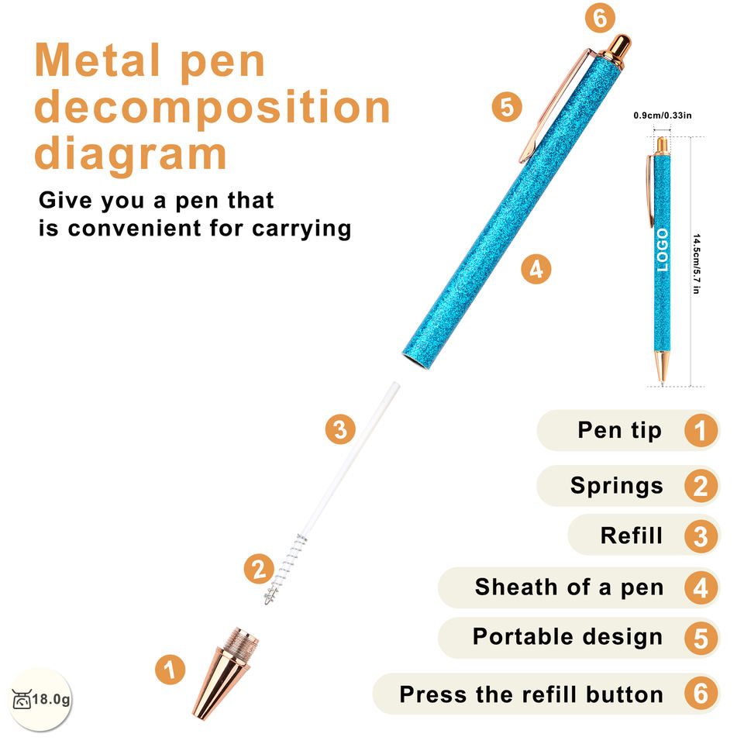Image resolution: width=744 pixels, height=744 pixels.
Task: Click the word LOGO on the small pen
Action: coord(662,250)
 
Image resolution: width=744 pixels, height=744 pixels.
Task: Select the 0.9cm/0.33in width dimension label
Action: coord(663,115)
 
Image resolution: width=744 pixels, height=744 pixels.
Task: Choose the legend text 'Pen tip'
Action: coord(619,430)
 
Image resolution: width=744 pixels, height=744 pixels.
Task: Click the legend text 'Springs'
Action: coord(617,485)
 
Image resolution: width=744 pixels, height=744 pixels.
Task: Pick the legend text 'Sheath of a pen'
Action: coord(569,587)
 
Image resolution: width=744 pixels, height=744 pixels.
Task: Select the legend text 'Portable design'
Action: coord(567,637)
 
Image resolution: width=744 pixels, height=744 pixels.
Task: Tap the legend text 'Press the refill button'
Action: coord(531,694)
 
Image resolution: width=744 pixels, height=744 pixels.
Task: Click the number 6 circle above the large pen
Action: coord(600,19)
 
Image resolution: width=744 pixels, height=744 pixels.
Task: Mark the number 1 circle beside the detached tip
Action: coord(170,670)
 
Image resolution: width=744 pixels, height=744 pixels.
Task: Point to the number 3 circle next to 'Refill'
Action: coord(701,536)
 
